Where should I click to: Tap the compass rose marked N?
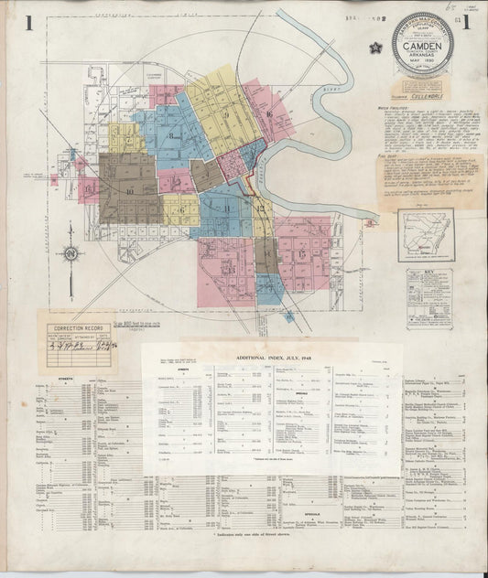[70, 253]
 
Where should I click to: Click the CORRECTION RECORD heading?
[77, 326]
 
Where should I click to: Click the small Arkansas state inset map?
[425, 234]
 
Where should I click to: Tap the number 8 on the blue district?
[170, 135]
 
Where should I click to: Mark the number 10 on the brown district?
[131, 190]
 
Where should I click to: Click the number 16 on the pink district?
[90, 189]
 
